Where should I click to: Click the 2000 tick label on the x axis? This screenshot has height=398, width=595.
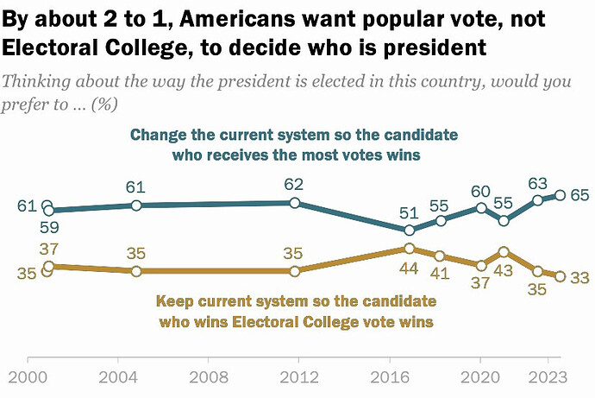point(28,376)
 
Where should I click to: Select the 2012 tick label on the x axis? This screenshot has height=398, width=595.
point(294,376)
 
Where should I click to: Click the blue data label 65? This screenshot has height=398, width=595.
point(579,195)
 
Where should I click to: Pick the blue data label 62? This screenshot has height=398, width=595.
point(294,184)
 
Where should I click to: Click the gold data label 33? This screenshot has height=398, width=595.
point(579,276)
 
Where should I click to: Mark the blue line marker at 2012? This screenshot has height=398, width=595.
point(295,203)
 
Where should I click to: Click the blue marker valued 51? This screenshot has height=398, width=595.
point(410,231)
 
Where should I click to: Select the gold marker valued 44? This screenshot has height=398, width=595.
point(409,249)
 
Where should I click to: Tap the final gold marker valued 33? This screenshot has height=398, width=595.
point(561,276)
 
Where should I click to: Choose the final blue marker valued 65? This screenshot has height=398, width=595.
point(561,195)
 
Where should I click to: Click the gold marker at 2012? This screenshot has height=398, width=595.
point(295,271)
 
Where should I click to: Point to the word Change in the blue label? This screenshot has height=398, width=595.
point(154,136)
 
